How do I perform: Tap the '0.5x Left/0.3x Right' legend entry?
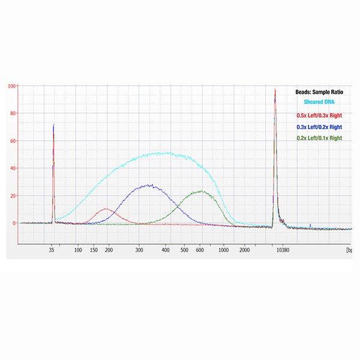tap(322, 115)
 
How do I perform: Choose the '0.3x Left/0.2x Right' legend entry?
tap(322, 127)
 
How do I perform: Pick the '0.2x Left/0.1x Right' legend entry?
tap(322, 138)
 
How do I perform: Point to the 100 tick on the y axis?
tap(12, 86)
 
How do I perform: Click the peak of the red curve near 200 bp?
tap(107, 209)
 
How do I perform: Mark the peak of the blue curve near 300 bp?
tap(149, 185)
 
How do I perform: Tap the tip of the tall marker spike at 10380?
tap(275, 89)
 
